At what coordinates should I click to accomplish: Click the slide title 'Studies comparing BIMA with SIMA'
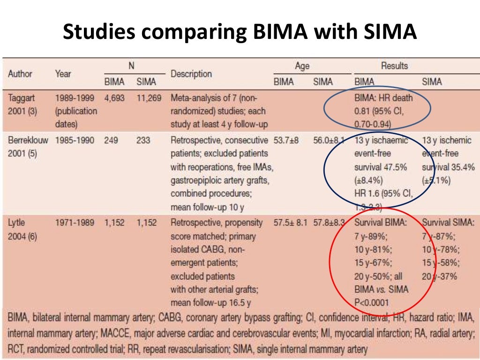click(240, 32)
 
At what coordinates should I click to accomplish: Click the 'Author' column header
click(20, 74)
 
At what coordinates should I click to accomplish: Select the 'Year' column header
click(63, 74)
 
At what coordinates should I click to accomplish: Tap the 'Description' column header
click(191, 74)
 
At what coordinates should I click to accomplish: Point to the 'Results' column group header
click(395, 66)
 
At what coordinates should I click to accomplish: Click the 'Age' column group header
click(302, 66)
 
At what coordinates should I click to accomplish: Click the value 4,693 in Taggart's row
click(115, 98)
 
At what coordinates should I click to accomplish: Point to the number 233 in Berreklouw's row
click(143, 140)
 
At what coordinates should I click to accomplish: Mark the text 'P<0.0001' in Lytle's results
click(375, 302)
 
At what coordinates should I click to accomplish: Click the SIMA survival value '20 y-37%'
click(440, 276)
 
